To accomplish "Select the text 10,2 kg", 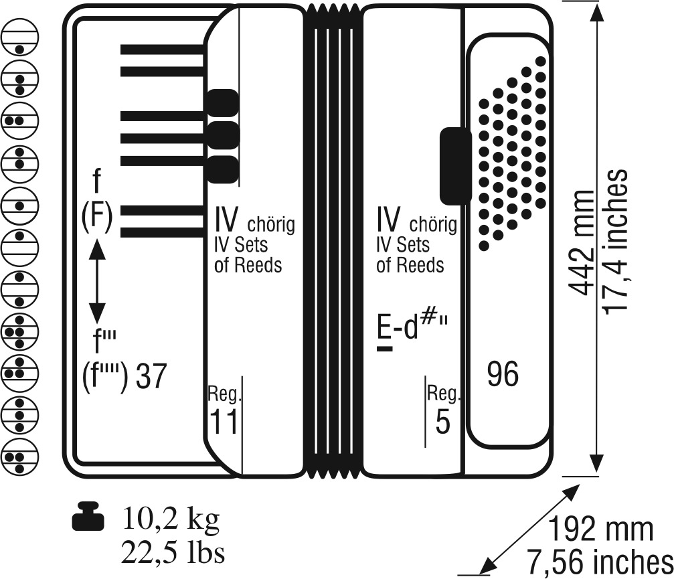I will point(171,517).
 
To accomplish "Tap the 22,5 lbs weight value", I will point(172,553).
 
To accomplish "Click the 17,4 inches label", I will point(614,241).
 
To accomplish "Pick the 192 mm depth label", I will point(601,529).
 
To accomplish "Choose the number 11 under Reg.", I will point(223,423).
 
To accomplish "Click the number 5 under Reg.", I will point(442,423).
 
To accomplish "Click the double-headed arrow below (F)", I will point(98,280).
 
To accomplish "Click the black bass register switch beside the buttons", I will point(455,165).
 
